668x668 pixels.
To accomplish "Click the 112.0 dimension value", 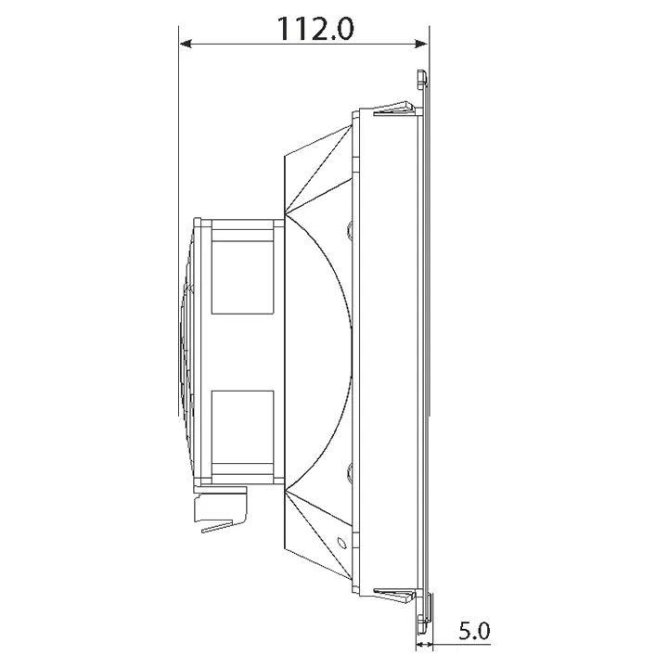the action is (315, 28).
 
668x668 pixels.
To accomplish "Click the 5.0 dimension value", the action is (474, 631).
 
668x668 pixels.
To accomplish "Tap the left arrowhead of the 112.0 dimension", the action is (186, 44).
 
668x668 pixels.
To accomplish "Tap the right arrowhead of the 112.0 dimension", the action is (421, 44).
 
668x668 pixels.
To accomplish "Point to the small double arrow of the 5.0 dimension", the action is (424, 644).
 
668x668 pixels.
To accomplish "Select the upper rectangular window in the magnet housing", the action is (242, 277).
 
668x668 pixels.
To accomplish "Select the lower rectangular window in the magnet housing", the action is (242, 428).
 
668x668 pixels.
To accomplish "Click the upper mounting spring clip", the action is (394, 109).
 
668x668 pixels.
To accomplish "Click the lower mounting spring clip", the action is (394, 597).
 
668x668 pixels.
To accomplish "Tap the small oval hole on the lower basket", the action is (341, 543).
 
